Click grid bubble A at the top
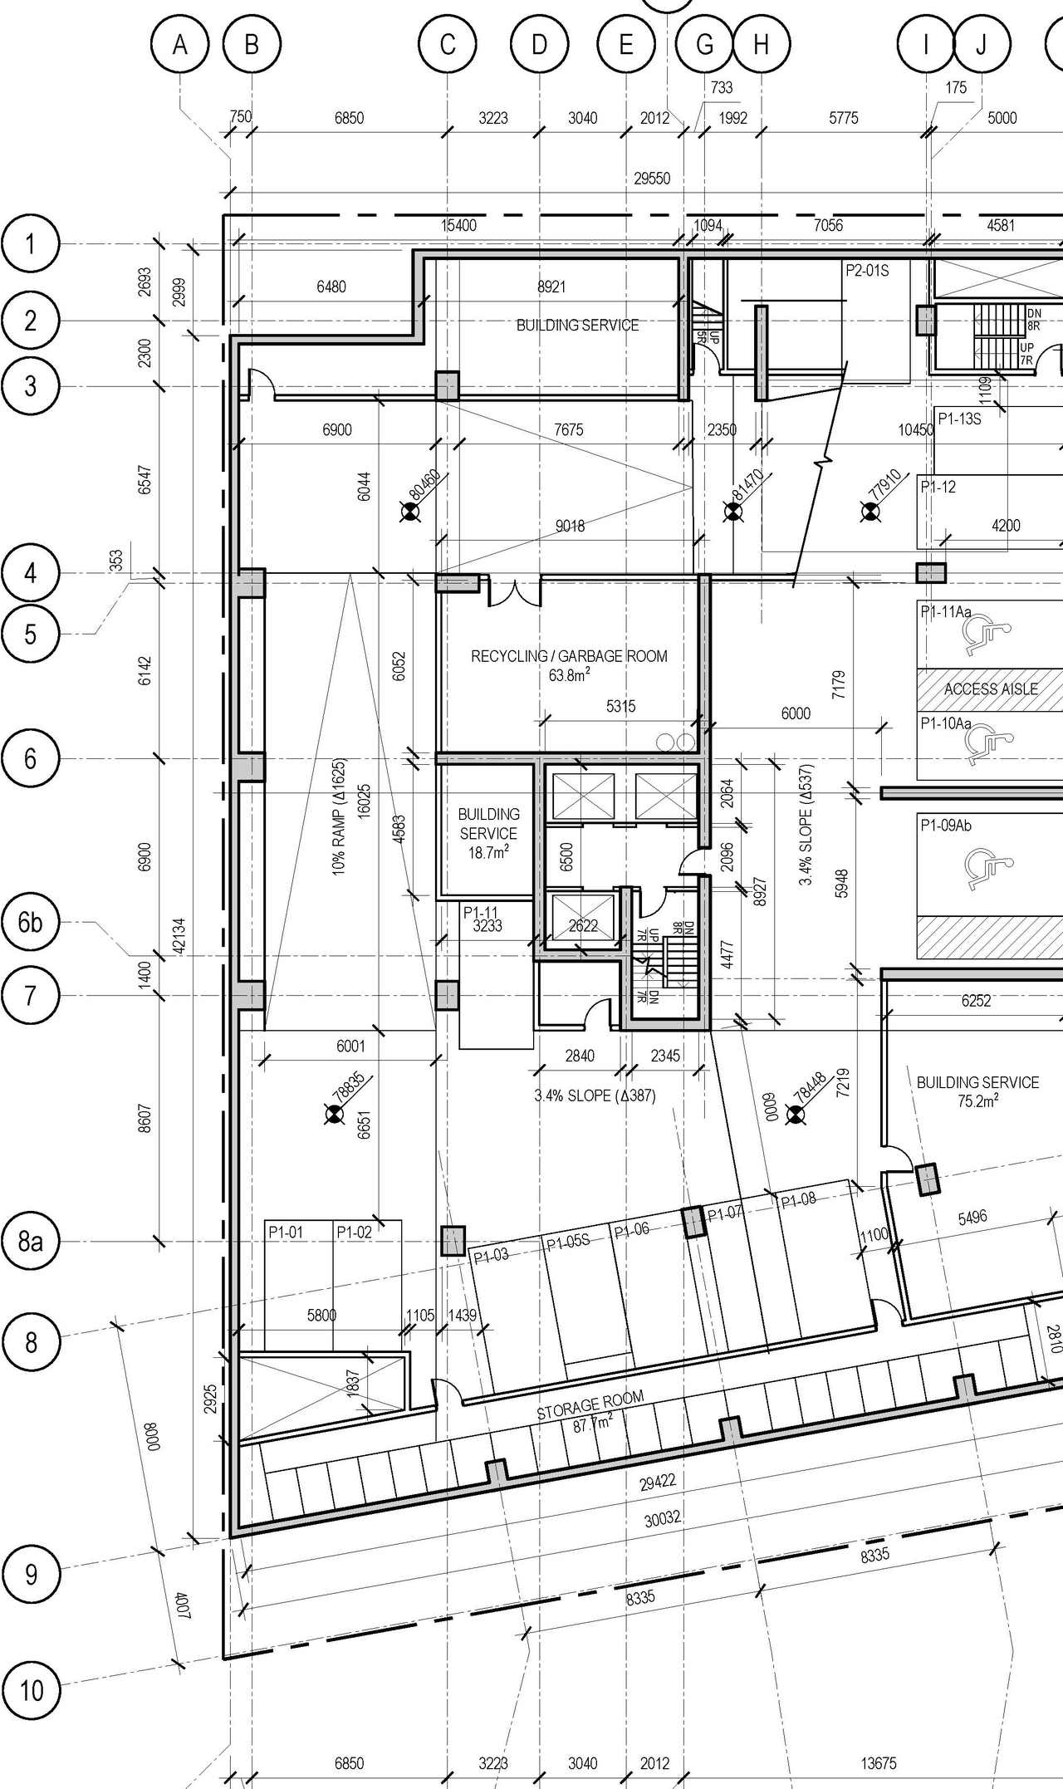(x=180, y=45)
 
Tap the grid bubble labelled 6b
(x=31, y=923)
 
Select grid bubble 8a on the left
(x=31, y=1242)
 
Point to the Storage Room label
(x=590, y=1406)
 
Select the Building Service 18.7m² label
(x=488, y=832)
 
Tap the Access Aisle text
(x=991, y=689)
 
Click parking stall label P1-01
(x=286, y=1233)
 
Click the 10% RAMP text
(x=339, y=818)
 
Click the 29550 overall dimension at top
(x=652, y=179)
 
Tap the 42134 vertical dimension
(x=178, y=935)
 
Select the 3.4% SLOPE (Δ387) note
(x=595, y=1095)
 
